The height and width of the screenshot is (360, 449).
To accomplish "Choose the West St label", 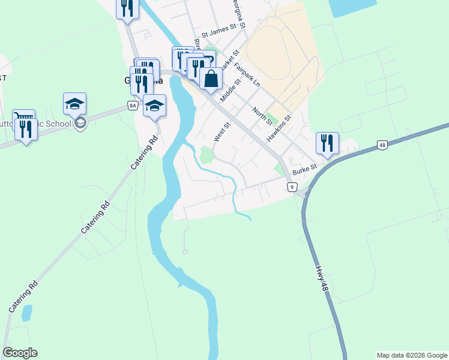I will [222, 133].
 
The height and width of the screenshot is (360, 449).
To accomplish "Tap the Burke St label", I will [304, 172].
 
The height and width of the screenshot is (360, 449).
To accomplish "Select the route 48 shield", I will [382, 145].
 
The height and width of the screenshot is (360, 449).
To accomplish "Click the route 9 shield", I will [292, 187].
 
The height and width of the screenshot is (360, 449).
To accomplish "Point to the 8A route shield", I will [133, 106].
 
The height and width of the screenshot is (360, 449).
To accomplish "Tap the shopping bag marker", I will [211, 79].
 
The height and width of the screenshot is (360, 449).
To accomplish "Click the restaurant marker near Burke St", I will [327, 143].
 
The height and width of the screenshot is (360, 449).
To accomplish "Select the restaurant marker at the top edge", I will [127, 8].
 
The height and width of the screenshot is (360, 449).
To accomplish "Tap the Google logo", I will [20, 353].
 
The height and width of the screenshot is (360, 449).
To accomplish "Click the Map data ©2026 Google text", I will [412, 355].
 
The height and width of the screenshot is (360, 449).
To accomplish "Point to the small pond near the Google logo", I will [26, 313].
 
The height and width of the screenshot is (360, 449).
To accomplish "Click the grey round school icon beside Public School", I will [80, 124].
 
